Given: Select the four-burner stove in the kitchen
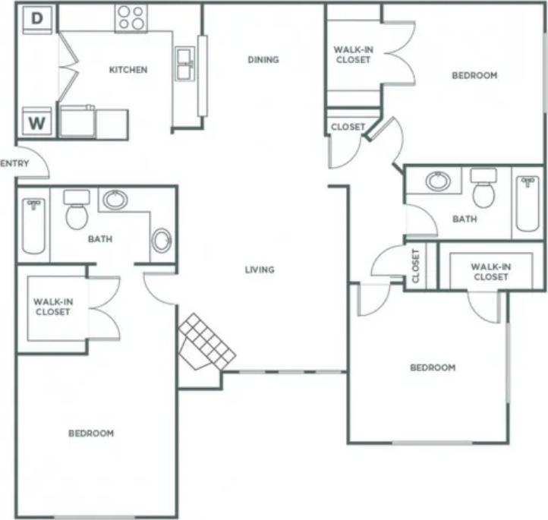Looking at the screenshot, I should point(131,18).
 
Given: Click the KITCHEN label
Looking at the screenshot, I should point(128,70).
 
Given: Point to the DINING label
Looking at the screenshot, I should point(263,59).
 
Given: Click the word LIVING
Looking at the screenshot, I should point(260,269).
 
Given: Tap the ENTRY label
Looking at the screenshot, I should point(14,163).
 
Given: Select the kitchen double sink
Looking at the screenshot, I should point(184,64).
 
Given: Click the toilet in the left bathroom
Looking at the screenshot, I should point(77,210).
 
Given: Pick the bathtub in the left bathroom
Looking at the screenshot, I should point(33,225).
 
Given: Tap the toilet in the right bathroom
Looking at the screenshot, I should point(483,188).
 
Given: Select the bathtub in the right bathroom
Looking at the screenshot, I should point(528,203).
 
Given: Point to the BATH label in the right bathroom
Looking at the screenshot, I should point(465,219).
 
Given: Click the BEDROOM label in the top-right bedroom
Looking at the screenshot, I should point(474,75).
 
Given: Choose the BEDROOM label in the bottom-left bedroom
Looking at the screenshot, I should point(91,433).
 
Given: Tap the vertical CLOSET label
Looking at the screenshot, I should point(416,266).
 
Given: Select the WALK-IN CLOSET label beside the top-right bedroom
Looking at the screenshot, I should point(353,55).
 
